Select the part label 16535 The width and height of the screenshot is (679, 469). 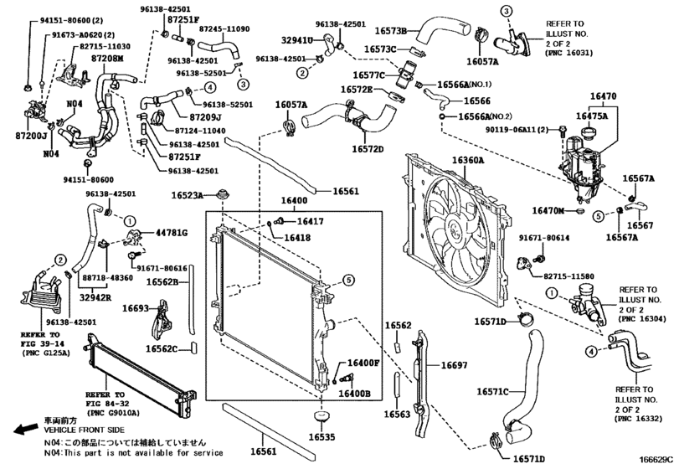coord(321,437)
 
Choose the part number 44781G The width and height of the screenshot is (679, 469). coord(171,232)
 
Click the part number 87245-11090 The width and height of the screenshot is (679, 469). coord(224,28)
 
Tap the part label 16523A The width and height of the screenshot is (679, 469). coord(188,195)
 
